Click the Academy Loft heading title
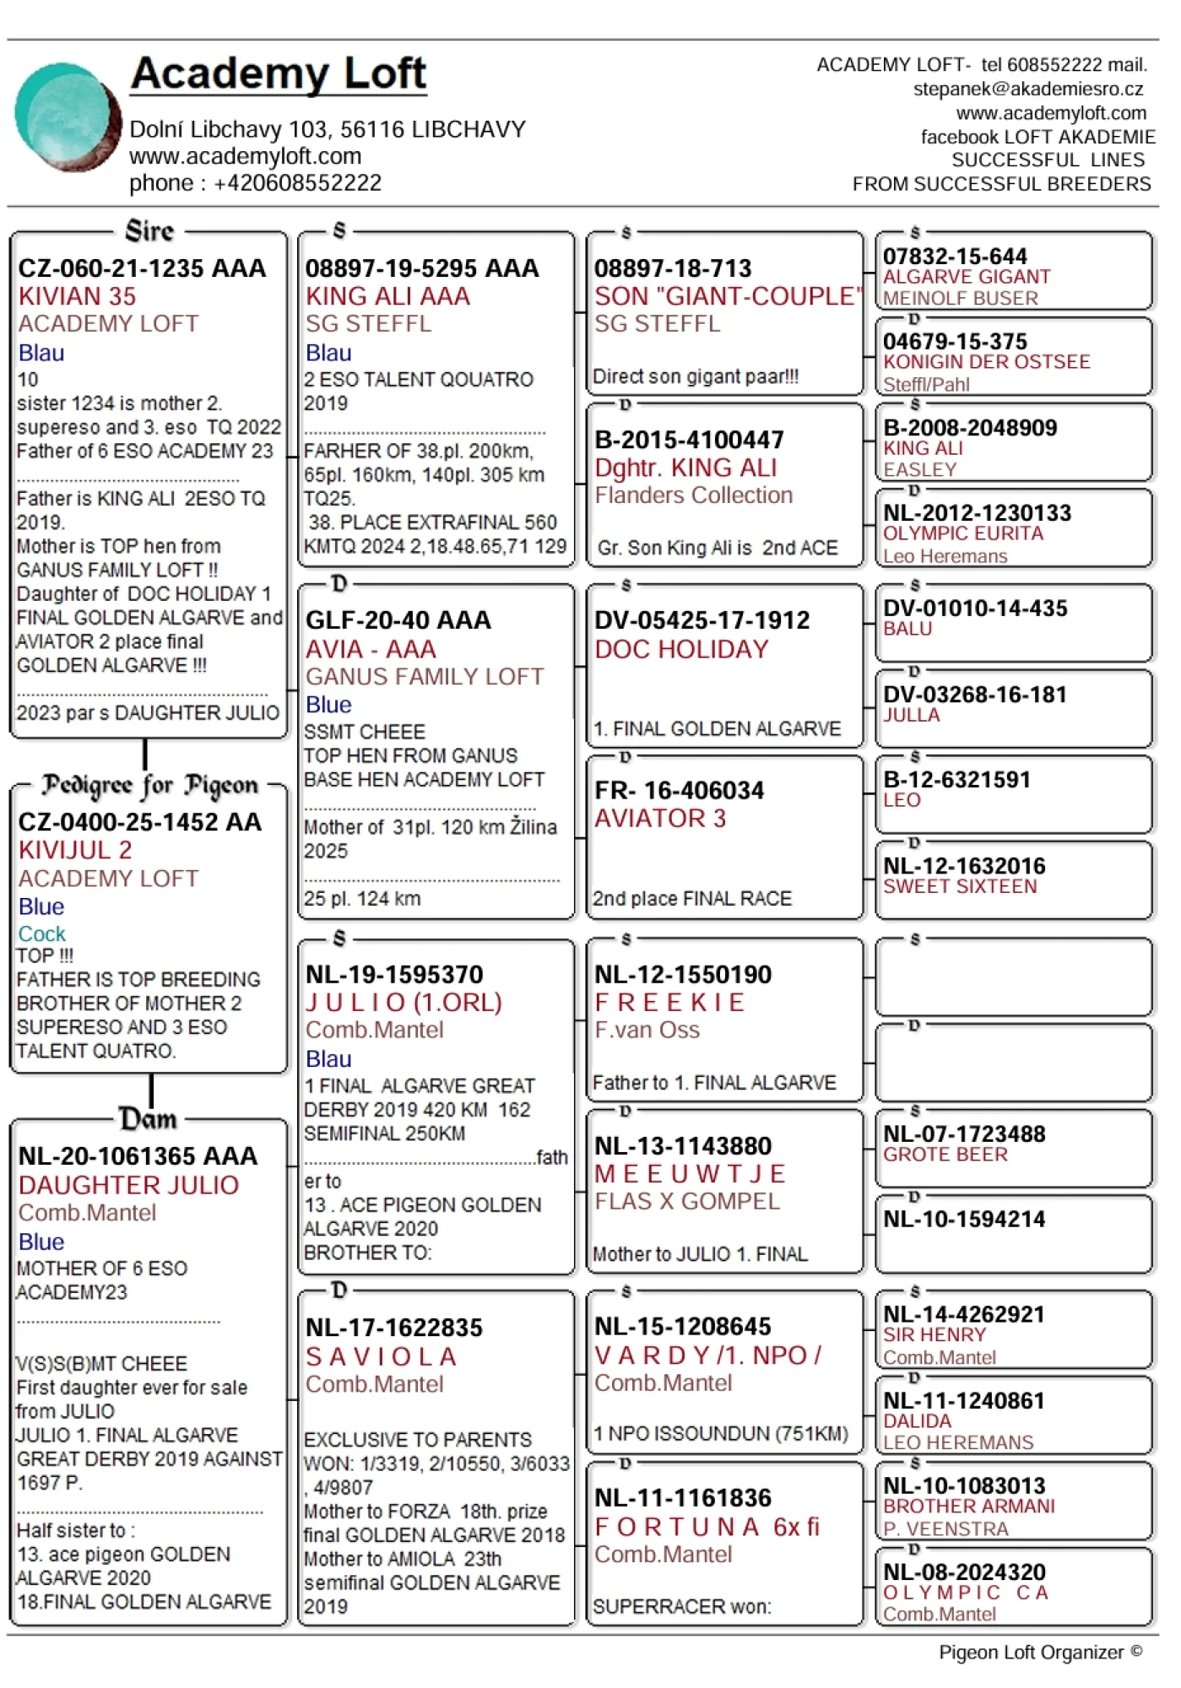coord(279,74)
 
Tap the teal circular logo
coord(68,116)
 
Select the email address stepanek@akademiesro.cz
coord(1027,89)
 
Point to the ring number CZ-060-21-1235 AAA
coord(142,268)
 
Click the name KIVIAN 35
coord(77,296)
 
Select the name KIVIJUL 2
coord(75,850)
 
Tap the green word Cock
coord(41,933)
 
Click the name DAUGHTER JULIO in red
coord(128,1185)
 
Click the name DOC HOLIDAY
coord(681,649)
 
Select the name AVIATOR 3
coord(659,818)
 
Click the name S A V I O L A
coord(381,1356)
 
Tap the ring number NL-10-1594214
coord(964,1220)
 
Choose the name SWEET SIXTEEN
coord(960,886)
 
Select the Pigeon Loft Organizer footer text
coord(1040,1652)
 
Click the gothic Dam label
coord(149,1119)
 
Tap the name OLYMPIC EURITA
coord(963,533)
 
